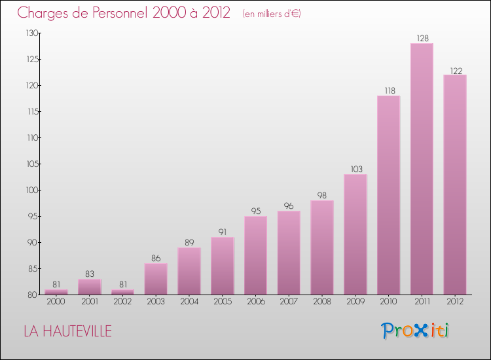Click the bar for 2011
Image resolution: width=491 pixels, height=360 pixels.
click(422, 169)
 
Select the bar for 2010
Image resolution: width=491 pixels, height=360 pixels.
click(388, 195)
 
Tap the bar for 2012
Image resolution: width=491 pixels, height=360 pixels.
click(455, 185)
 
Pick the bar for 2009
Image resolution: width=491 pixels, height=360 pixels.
click(355, 234)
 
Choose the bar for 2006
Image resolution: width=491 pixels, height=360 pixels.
click(255, 255)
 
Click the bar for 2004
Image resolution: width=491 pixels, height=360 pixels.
click(189, 271)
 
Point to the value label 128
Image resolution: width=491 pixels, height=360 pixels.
click(422, 39)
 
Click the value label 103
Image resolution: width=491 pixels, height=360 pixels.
click(355, 170)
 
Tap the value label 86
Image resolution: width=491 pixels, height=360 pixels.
click(156, 259)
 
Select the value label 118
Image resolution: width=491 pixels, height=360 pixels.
click(388, 91)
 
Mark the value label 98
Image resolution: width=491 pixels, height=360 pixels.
click(322, 196)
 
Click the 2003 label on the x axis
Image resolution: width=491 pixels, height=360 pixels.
click(156, 302)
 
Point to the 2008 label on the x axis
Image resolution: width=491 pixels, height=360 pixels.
click(322, 302)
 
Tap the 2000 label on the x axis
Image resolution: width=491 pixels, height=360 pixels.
click(56, 302)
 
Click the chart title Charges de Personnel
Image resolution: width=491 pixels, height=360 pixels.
click(124, 13)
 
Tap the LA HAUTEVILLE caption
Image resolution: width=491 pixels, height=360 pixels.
click(67, 332)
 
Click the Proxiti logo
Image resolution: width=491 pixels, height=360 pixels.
click(415, 331)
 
